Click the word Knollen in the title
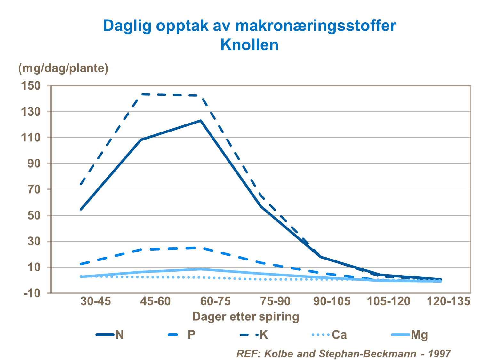click(x=249, y=45)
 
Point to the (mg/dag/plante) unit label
click(x=63, y=68)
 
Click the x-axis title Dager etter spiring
click(x=245, y=316)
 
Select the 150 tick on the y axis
click(x=31, y=86)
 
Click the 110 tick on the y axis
click(x=31, y=138)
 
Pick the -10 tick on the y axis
click(x=32, y=293)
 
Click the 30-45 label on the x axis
click(x=95, y=301)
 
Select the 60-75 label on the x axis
click(x=215, y=301)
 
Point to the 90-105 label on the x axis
click(x=332, y=301)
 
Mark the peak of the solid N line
click(x=201, y=121)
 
